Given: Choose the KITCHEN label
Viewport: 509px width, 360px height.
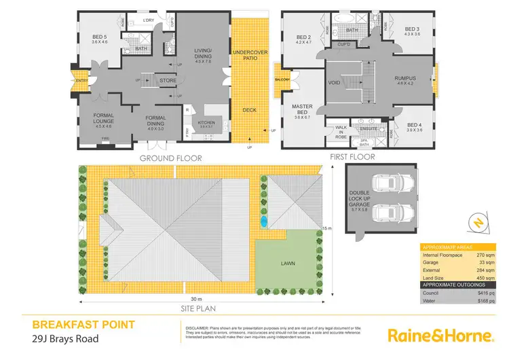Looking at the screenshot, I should (206, 122).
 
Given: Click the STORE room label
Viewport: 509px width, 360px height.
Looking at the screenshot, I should (168, 80).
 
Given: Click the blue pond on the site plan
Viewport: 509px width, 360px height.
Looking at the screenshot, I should (263, 221).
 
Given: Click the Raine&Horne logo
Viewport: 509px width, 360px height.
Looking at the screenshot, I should (439, 336).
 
